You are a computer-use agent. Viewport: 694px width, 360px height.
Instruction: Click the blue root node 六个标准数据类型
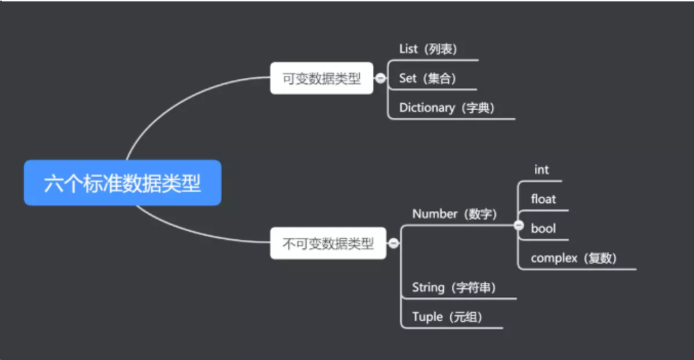click(x=123, y=183)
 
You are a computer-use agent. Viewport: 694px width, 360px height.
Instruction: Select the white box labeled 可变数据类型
click(x=321, y=78)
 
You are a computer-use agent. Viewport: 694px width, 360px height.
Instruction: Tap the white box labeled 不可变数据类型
click(x=328, y=243)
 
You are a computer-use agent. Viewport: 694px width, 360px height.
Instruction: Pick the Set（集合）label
click(x=428, y=79)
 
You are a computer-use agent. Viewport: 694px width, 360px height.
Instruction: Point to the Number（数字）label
click(x=454, y=214)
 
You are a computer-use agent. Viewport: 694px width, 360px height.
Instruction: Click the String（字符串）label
click(x=454, y=288)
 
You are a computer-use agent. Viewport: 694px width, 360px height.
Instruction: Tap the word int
click(x=541, y=170)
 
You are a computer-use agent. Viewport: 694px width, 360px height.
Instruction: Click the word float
click(x=543, y=199)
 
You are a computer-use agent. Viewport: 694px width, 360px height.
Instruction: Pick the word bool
click(x=543, y=229)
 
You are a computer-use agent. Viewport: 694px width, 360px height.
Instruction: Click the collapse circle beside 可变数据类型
click(x=380, y=79)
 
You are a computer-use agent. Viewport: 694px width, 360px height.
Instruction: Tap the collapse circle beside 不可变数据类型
click(x=393, y=243)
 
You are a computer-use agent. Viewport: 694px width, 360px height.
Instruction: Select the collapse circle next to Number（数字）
click(x=518, y=225)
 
